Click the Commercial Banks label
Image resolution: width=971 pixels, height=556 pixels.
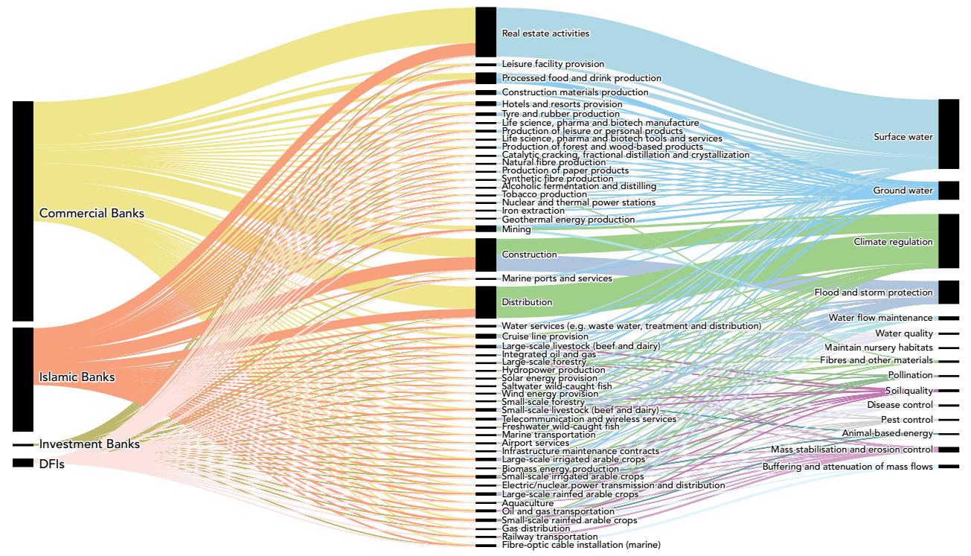92,214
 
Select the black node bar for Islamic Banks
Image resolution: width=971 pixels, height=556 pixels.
23,379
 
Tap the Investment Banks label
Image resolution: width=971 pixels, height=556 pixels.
89,444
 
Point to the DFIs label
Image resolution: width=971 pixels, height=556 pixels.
52,464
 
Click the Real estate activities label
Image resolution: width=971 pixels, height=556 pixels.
545,33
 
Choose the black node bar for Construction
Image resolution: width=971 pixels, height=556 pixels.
486,255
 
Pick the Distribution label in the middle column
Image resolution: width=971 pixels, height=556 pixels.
527,302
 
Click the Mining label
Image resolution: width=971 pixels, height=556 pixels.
516,229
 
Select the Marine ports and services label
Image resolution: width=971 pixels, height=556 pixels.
557,278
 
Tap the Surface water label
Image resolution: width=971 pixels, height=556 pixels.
903,137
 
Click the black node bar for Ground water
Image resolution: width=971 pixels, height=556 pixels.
949,191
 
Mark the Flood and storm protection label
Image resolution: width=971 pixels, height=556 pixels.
873,293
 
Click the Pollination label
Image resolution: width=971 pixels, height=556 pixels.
910,375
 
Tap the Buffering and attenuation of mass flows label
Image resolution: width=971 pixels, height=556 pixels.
847,467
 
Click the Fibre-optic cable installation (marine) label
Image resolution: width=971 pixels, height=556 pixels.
580,546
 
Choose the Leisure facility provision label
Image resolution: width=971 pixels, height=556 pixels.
553,64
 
